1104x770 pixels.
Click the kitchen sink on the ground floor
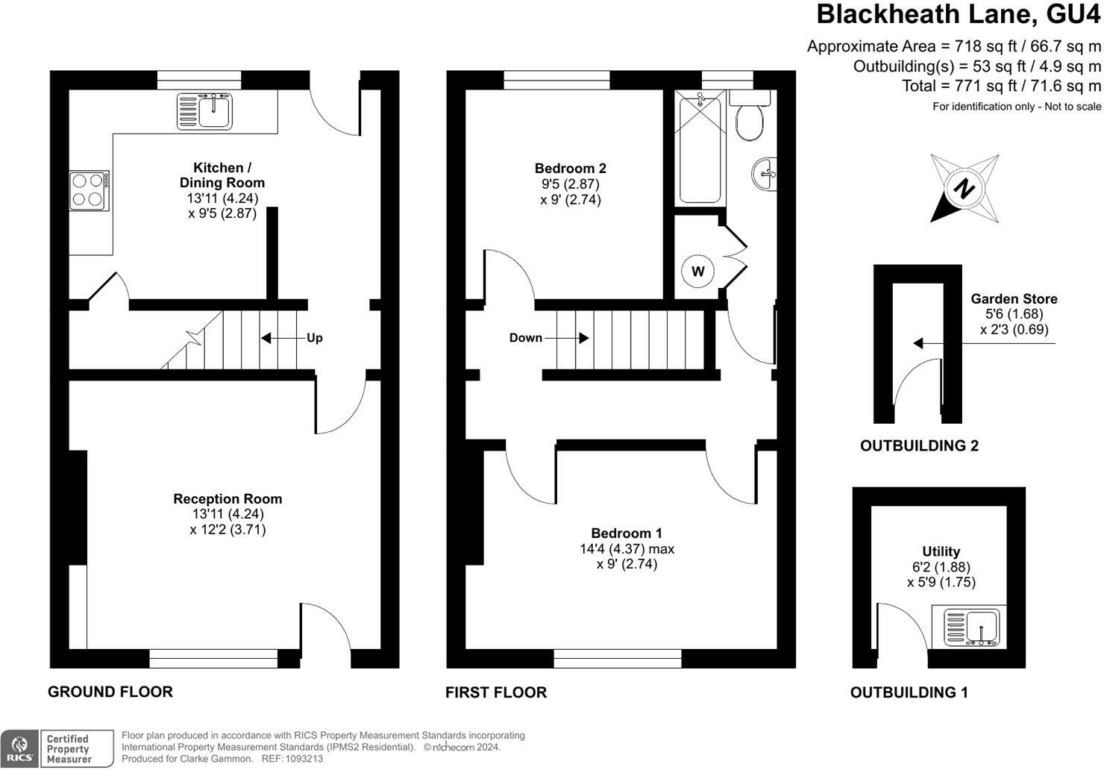coord(204,111)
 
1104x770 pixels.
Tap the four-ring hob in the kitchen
coord(90,191)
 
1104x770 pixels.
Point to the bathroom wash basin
coord(765,174)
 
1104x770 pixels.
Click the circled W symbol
coord(698,271)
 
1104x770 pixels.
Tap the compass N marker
coord(964,188)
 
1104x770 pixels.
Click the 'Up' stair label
coord(315,338)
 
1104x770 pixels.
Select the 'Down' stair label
coord(525,338)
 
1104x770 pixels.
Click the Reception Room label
coord(228,499)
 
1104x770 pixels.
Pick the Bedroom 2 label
coord(570,169)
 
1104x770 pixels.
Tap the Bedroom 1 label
coord(627,533)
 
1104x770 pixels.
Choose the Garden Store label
coord(1014,299)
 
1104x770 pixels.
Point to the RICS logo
coord(19,748)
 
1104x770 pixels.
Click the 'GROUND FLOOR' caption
coord(110,692)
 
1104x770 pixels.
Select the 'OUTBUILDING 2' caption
coord(919,445)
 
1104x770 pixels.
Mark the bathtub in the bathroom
coord(700,148)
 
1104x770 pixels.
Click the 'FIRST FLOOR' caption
coord(496,692)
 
